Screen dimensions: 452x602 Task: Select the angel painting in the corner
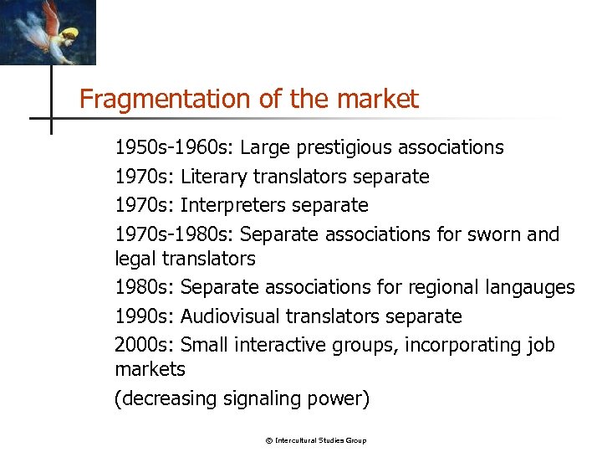click(x=48, y=32)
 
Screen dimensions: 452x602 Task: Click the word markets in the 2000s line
click(x=150, y=369)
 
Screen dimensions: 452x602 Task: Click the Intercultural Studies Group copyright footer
click(x=316, y=440)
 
